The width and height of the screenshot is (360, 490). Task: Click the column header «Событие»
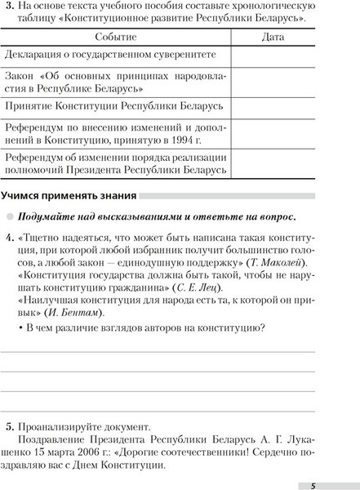(x=116, y=38)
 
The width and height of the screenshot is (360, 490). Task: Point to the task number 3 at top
(x=8, y=8)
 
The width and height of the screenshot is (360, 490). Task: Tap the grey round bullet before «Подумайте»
(x=8, y=216)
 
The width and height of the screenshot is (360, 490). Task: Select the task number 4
(x=8, y=238)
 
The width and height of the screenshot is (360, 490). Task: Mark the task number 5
(x=8, y=425)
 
